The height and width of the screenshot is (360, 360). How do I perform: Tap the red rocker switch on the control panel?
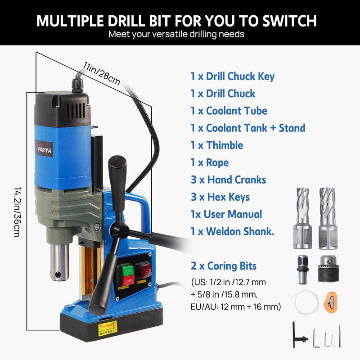(145, 270)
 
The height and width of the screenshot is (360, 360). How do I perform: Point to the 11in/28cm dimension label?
(102, 73)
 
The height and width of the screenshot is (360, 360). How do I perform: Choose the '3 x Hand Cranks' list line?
(228, 180)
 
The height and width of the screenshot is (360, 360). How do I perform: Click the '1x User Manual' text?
(226, 214)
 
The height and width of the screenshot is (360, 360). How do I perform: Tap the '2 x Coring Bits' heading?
(224, 266)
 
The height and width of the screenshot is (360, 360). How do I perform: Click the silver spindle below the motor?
(59, 261)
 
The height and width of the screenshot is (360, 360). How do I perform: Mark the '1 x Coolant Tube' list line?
(229, 111)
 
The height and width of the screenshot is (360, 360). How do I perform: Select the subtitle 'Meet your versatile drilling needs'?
(176, 34)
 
